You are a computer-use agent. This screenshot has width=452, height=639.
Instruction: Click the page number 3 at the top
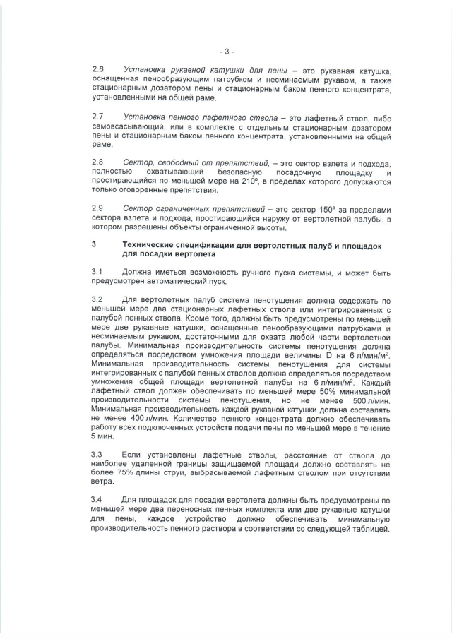click(226, 52)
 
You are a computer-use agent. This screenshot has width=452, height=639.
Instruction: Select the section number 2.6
click(98, 71)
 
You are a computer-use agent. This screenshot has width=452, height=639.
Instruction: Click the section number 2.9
click(98, 209)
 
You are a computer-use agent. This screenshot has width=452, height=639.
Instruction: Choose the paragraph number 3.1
click(98, 271)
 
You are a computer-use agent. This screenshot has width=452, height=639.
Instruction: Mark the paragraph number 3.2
click(98, 300)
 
